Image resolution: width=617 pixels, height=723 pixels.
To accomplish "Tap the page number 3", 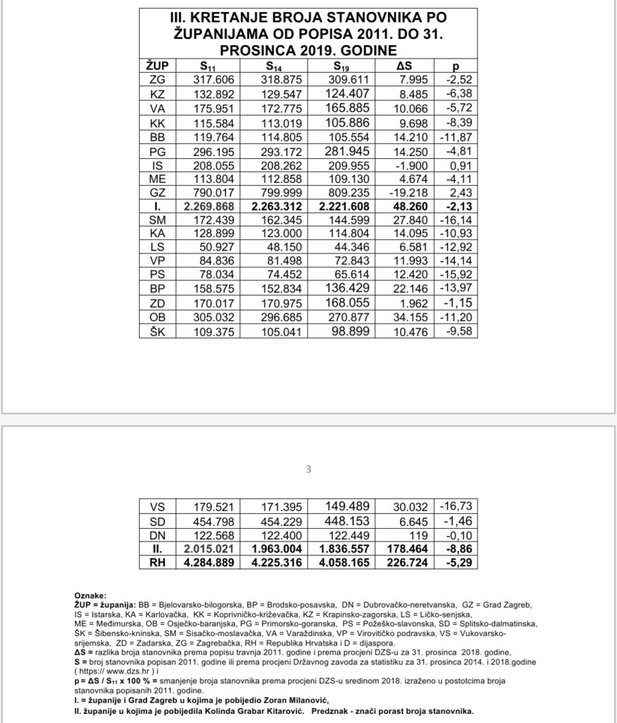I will (308, 468).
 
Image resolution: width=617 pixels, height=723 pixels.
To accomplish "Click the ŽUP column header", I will (158, 66).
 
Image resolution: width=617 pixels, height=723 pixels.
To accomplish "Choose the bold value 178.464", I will (404, 549).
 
